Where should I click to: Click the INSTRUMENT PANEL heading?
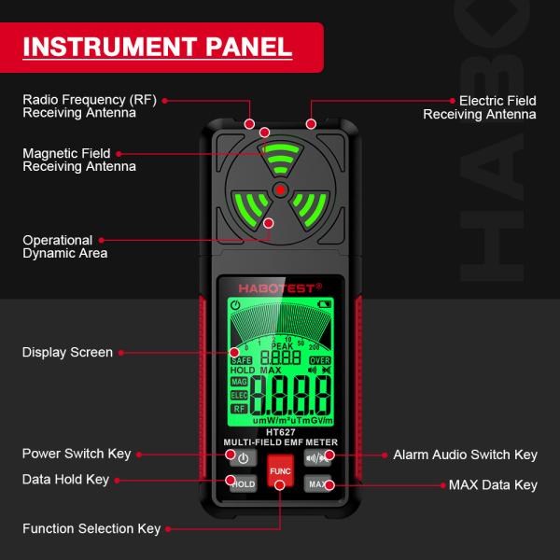[157, 47]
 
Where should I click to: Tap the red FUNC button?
[280, 472]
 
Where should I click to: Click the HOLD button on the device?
[243, 484]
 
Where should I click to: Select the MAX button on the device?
[318, 484]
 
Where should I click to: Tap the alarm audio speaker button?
[317, 457]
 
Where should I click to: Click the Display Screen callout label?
[67, 353]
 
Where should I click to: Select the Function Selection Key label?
[91, 529]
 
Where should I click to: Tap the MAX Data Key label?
[493, 485]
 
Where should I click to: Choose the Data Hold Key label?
[65, 479]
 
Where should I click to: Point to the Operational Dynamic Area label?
[64, 246]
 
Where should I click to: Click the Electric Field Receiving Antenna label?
[480, 106]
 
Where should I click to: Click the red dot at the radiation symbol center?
[279, 189]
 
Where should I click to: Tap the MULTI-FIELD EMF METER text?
[280, 441]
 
